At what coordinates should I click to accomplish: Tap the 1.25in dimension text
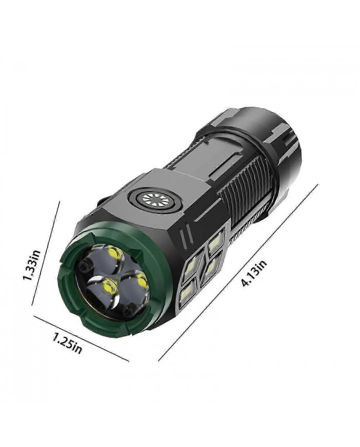tap(66, 343)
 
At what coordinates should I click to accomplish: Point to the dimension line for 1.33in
tap(46, 252)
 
